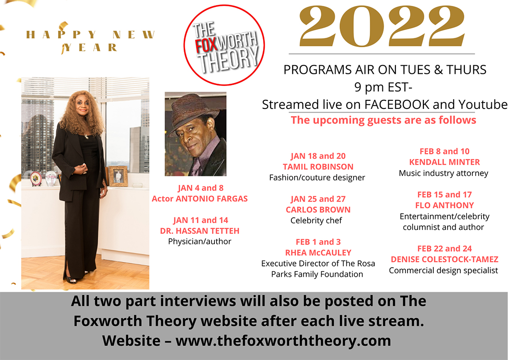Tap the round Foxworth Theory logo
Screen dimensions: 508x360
(224, 45)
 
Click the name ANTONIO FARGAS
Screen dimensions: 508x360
(212, 199)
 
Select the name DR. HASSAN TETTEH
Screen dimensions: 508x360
(200, 231)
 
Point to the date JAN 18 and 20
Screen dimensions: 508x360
(318, 156)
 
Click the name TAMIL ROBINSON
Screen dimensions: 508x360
(318, 167)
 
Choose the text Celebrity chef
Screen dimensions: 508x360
(316, 220)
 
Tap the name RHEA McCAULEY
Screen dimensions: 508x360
(318, 252)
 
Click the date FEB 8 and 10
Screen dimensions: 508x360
(444, 151)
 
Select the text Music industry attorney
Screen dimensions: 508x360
(444, 173)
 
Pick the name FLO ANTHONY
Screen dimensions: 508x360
(444, 205)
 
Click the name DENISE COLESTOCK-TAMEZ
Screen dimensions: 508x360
(444, 259)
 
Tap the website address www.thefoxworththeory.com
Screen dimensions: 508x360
(283, 341)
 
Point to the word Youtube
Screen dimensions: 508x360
(483, 104)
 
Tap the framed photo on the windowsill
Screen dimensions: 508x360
(118, 176)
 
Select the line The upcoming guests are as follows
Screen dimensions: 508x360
(383, 120)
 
